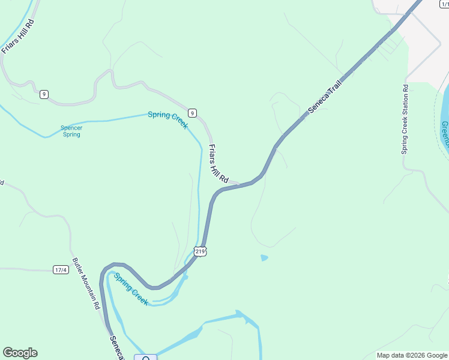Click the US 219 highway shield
[200, 251]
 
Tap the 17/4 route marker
[61, 270]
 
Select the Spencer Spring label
[71, 131]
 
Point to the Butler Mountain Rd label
[86, 284]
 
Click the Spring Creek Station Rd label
[405, 119]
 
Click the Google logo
[20, 353]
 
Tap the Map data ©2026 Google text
[411, 355]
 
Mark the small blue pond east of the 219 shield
[264, 258]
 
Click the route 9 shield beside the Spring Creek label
[192, 113]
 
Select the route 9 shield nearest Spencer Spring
[44, 94]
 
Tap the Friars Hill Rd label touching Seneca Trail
[218, 163]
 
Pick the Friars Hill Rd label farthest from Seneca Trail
[17, 37]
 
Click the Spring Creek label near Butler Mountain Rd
[131, 289]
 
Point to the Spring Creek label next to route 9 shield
[169, 119]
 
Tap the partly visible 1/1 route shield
[444, 4]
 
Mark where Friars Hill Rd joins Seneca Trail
[241, 184]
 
